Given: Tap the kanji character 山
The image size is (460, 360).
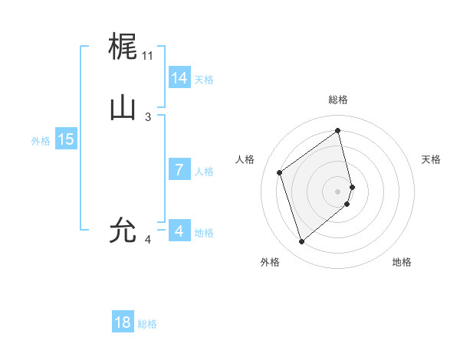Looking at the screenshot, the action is pos(123,108).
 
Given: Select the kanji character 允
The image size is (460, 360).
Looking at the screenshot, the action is pos(123,229).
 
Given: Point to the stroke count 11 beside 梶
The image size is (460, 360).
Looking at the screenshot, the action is pos(148,56).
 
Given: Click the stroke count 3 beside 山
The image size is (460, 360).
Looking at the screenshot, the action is pos(148,116).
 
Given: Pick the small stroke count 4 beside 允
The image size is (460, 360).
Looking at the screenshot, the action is pos(148,240).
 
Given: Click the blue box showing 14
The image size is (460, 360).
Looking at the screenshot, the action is pos(179,77).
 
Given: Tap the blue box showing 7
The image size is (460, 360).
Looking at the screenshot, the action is pos(179,169).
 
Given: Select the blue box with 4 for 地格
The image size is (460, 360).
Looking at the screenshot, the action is pos(179,231).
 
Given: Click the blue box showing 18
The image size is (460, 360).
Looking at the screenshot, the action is pos(123,322).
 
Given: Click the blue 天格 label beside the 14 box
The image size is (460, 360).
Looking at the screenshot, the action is pos(204,80).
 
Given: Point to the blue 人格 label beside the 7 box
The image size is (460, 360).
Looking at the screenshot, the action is pos(204,172).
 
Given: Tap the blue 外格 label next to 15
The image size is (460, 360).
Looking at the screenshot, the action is pos(41,141).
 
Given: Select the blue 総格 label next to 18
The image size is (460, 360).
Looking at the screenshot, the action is pos(147,325).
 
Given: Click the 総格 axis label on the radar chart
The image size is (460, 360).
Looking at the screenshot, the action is pos(338,100).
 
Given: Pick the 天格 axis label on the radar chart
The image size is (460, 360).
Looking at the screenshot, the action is pos(431,159).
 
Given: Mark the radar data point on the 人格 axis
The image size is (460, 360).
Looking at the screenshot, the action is pos(280,172).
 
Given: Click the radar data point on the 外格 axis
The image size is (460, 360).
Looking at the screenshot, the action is pos(301,242).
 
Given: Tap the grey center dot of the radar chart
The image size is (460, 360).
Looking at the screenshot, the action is pos(338,191).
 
